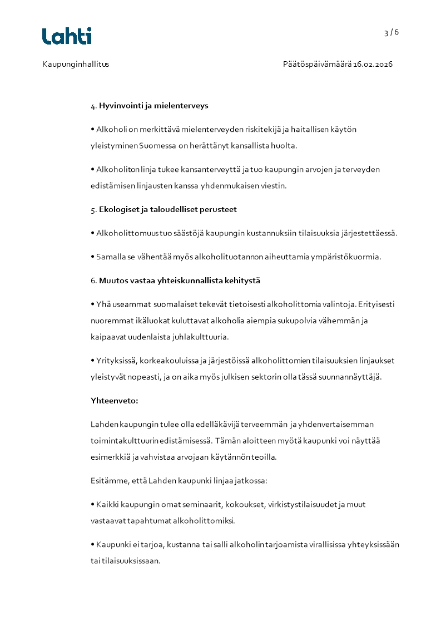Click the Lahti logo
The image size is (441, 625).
pos(67,36)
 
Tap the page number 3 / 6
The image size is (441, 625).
pos(392,32)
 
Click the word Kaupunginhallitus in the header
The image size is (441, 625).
pos(76,64)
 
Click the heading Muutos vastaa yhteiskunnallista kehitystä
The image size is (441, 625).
pos(180,280)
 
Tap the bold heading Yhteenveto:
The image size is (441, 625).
pos(115,400)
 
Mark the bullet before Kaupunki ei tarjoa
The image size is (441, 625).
pos(93,544)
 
